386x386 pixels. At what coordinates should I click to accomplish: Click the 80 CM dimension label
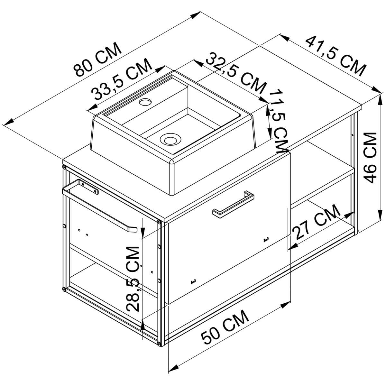pos(98,60)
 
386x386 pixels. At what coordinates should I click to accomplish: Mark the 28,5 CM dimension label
pos(133,279)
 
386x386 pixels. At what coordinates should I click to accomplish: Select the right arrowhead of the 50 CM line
pos(284,305)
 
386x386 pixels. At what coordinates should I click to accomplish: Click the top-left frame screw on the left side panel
pos(64,168)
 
